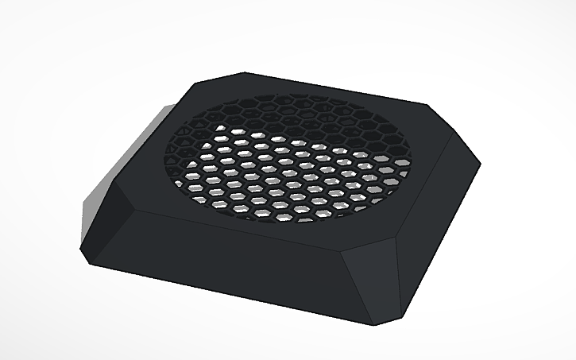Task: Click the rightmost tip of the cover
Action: pos(481,165)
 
